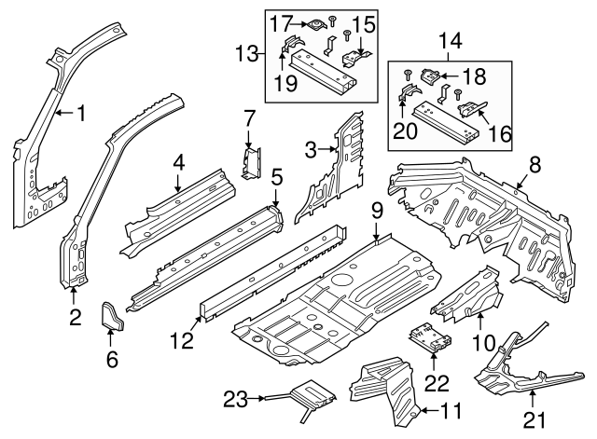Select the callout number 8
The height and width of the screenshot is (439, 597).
tap(535, 165)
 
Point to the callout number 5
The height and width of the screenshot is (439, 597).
tap(276, 175)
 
